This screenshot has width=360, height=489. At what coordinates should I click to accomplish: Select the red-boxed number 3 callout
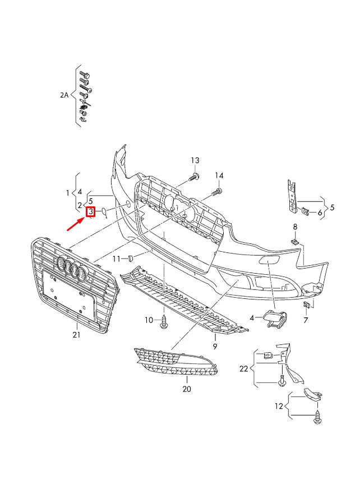(x=90, y=212)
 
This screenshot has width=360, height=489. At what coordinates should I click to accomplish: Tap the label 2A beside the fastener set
(x=64, y=95)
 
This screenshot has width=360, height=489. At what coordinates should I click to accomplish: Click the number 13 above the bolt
(x=195, y=160)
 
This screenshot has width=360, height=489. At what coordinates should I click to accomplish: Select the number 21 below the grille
(x=76, y=335)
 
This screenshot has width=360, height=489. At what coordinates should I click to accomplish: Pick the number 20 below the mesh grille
(x=187, y=389)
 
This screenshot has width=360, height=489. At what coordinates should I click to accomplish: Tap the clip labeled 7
(x=307, y=305)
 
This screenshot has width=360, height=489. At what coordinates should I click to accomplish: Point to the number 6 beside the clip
(x=320, y=213)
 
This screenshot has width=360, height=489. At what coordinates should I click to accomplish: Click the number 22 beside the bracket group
(x=243, y=368)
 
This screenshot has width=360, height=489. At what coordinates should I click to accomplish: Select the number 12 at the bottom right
(x=279, y=405)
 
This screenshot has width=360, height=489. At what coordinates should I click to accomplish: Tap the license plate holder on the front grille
(x=66, y=296)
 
